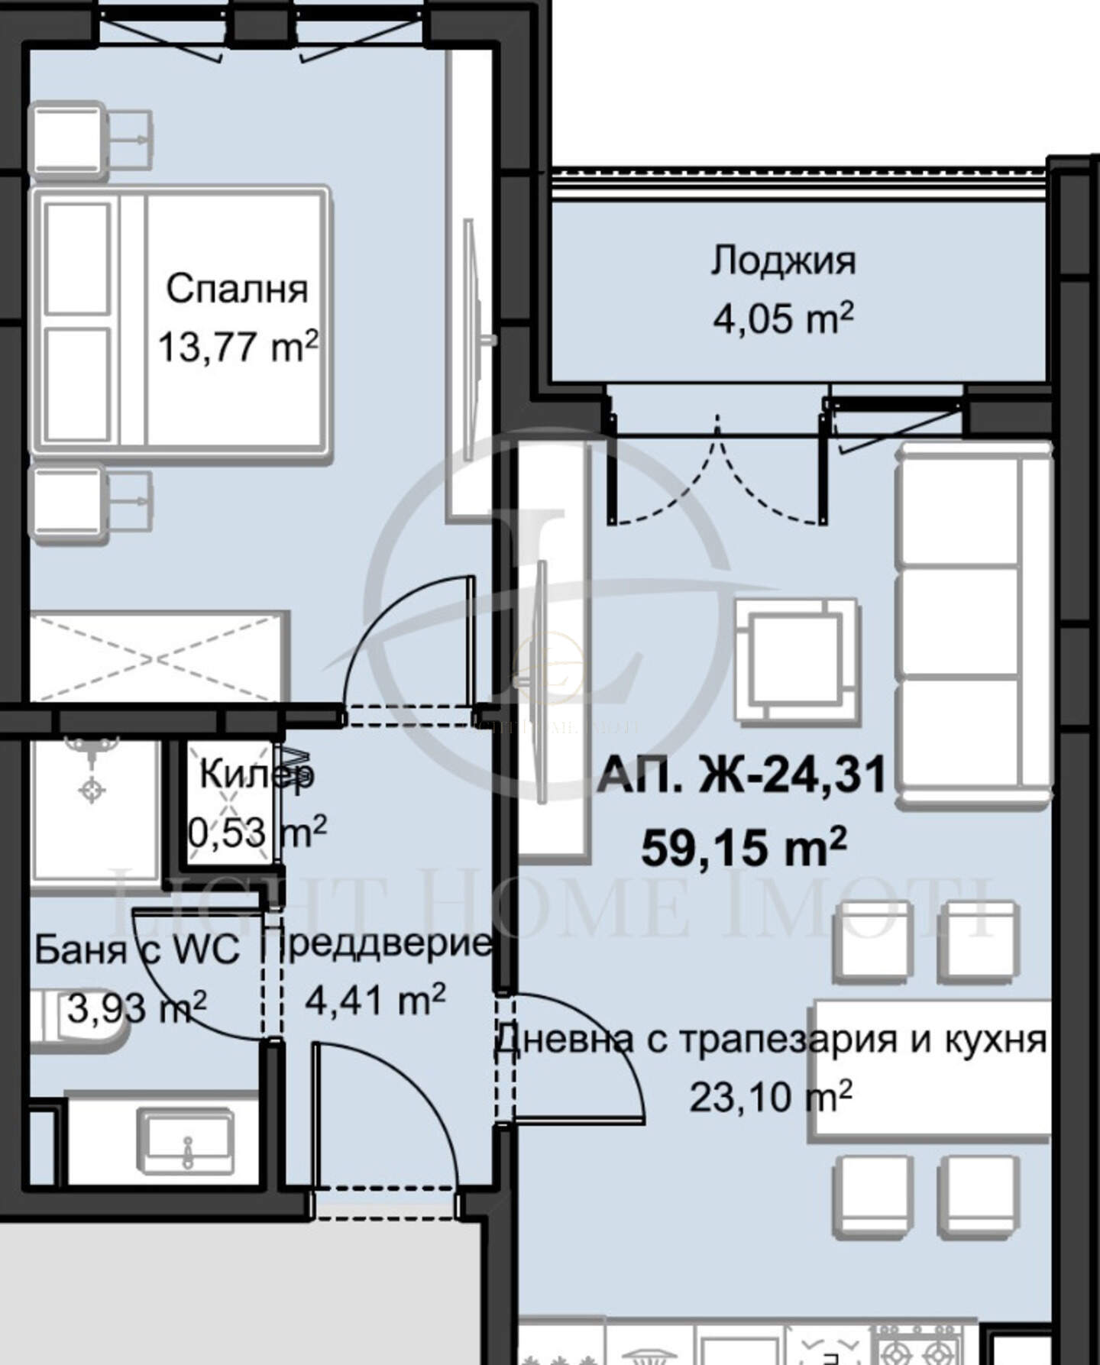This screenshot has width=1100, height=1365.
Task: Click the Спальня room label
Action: pos(237,289)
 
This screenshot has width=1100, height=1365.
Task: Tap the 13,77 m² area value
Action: pos(238,347)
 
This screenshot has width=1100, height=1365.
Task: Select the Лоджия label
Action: pos(783,261)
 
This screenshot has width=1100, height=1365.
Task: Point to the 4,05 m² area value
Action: pos(783,318)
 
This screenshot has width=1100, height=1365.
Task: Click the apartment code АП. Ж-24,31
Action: pos(742,775)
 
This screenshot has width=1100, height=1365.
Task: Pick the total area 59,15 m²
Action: pos(743,847)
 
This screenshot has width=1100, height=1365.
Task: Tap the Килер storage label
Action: pos(257,775)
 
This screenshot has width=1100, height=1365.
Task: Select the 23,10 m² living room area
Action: pos(771,1097)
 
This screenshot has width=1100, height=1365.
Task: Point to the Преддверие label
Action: pos(378,945)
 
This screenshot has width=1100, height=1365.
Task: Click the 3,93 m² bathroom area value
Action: pos(137,1008)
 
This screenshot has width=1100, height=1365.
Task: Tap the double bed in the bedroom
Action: pos(180,325)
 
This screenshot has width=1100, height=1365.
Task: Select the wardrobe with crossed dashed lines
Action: pos(160,656)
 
